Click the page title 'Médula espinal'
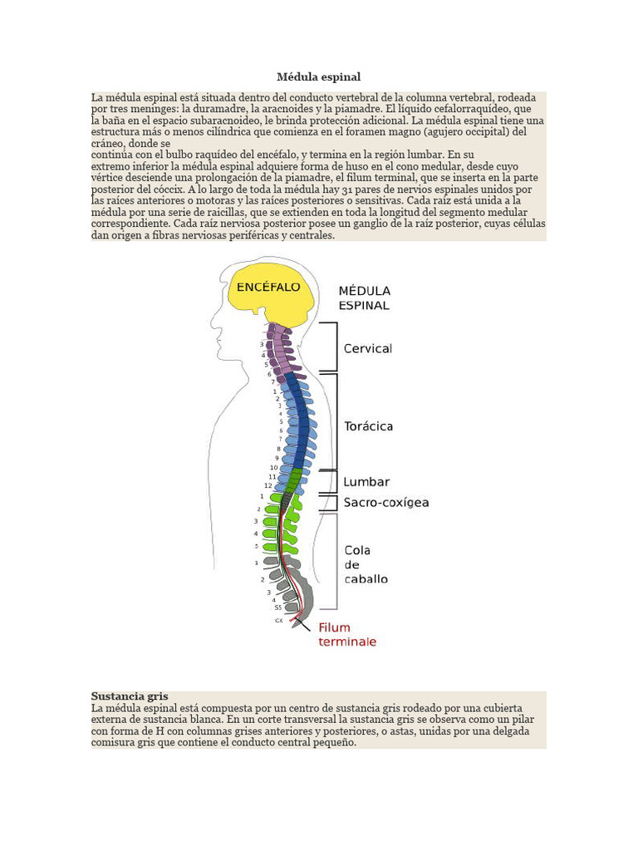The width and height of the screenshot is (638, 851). pyautogui.click(x=319, y=76)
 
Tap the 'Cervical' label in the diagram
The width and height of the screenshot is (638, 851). pyautogui.click(x=368, y=349)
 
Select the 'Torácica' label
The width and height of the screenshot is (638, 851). pyautogui.click(x=369, y=426)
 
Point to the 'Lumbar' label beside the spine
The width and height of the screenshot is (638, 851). pyautogui.click(x=366, y=482)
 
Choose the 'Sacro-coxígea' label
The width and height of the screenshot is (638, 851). pyautogui.click(x=386, y=503)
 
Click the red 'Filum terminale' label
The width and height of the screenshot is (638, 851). pyautogui.click(x=347, y=635)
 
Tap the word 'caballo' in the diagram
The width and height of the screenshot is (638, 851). pyautogui.click(x=366, y=578)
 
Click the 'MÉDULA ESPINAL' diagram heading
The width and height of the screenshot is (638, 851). pyautogui.click(x=364, y=298)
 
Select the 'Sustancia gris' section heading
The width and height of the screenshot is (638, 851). pyautogui.click(x=130, y=696)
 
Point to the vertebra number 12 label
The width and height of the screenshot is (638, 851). pyautogui.click(x=268, y=486)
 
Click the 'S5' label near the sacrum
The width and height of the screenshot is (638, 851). pyautogui.click(x=278, y=608)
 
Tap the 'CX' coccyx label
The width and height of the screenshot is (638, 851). pyautogui.click(x=278, y=621)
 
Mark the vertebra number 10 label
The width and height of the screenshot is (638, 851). pyautogui.click(x=273, y=468)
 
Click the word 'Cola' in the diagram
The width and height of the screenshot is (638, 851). pyautogui.click(x=357, y=550)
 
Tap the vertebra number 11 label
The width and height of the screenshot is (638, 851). pyautogui.click(x=272, y=477)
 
